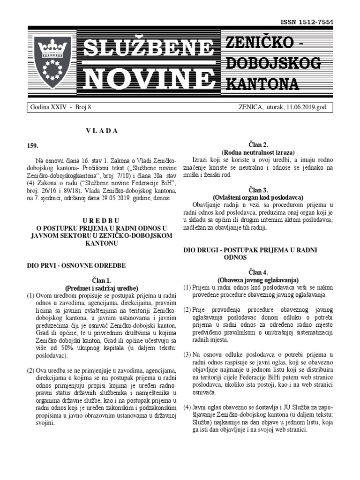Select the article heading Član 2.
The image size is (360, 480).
(258, 145)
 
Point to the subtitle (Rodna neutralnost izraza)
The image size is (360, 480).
(258, 152)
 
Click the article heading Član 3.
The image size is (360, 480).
(258, 190)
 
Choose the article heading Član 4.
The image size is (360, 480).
(258, 272)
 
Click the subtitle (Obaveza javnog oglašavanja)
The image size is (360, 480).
(258, 280)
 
